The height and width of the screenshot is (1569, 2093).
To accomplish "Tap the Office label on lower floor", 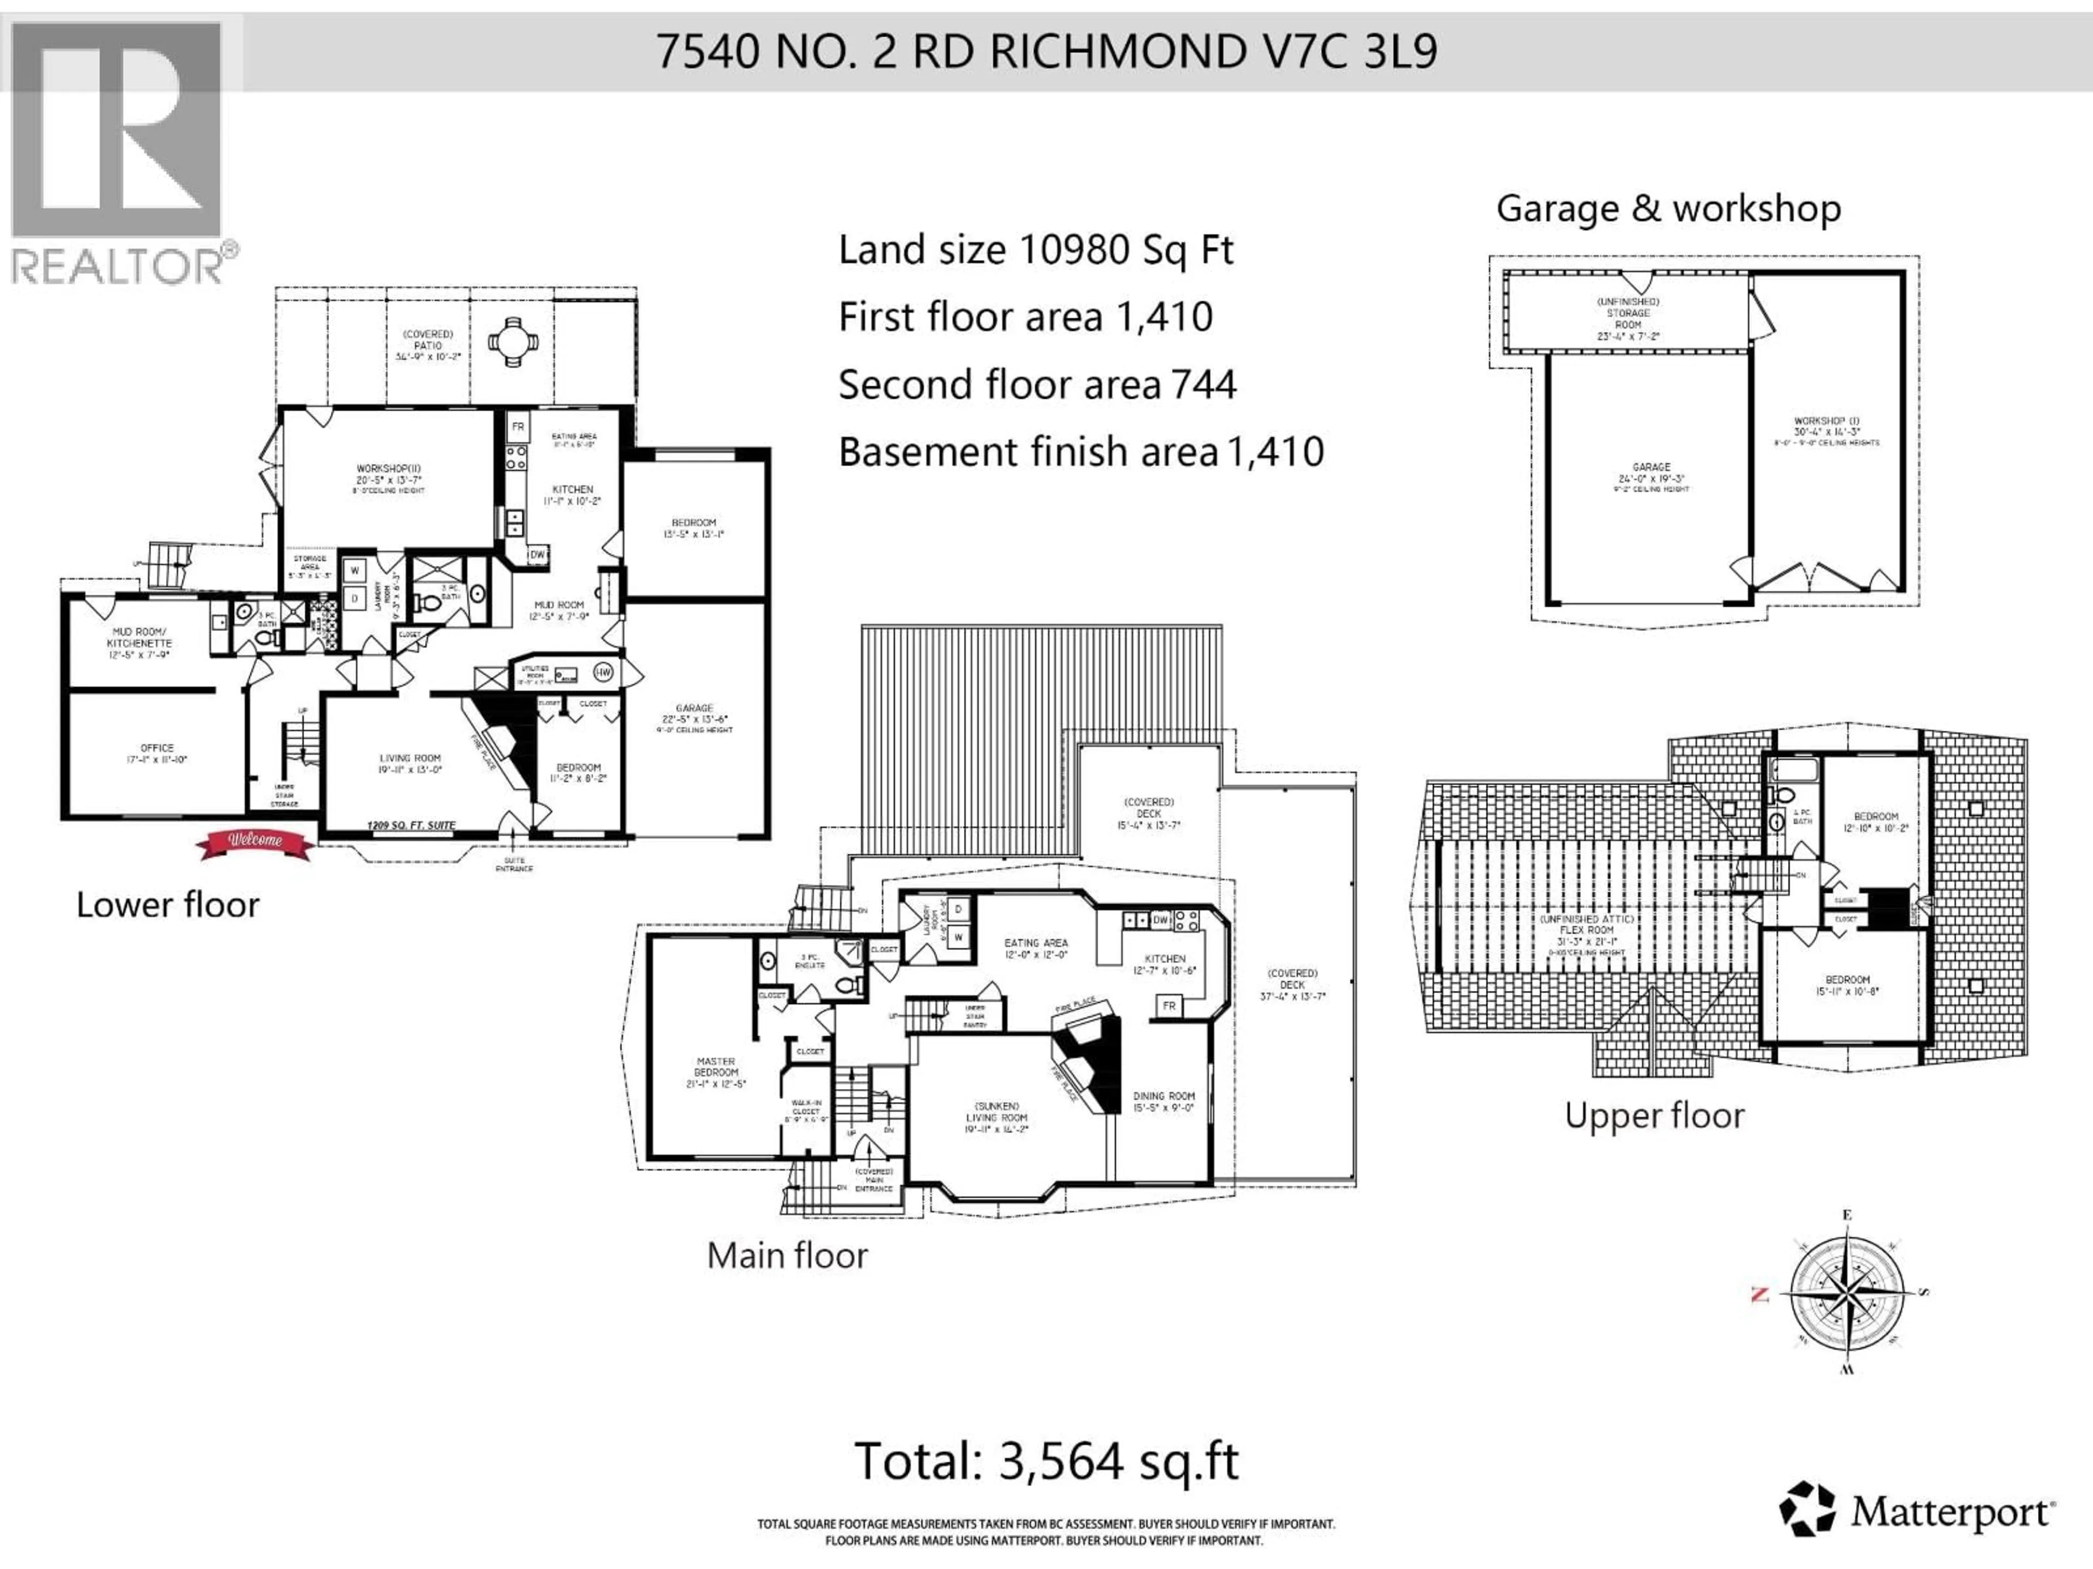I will coord(157,753).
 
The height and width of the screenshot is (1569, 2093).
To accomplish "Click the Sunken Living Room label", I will coord(995,1116).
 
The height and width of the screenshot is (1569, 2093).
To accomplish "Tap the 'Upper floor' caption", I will coord(1654,1115).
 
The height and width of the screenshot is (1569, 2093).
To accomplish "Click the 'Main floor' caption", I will coord(787,1255).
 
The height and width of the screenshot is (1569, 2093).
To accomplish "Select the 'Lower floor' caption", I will coord(167,904).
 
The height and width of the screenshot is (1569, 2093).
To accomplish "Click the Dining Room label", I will coord(1164,1101).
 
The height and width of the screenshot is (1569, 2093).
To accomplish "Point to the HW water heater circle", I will coord(603,672).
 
